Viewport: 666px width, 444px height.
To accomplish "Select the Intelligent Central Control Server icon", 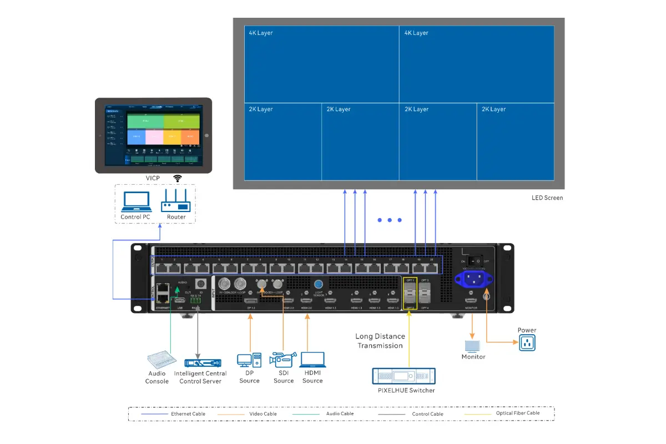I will [x=200, y=362].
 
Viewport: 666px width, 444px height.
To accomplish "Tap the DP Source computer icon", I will [x=249, y=360].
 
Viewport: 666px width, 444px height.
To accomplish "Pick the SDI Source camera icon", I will [x=283, y=360].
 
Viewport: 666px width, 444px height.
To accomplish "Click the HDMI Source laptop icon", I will [x=312, y=360].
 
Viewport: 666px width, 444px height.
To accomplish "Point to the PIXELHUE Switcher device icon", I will [x=403, y=376].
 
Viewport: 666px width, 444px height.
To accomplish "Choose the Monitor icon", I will [x=472, y=346].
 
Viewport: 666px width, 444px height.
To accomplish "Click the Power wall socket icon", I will [x=527, y=342].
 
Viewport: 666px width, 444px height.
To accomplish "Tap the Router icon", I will [x=176, y=202].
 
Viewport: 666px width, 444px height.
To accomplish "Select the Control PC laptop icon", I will [x=136, y=202].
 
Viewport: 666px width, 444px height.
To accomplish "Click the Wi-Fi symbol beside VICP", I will [x=178, y=178].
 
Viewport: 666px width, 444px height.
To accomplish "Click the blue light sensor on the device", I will [x=319, y=285].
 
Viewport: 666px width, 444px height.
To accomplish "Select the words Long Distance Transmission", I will [x=380, y=341].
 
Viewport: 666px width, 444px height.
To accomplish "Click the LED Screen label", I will [x=547, y=198].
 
